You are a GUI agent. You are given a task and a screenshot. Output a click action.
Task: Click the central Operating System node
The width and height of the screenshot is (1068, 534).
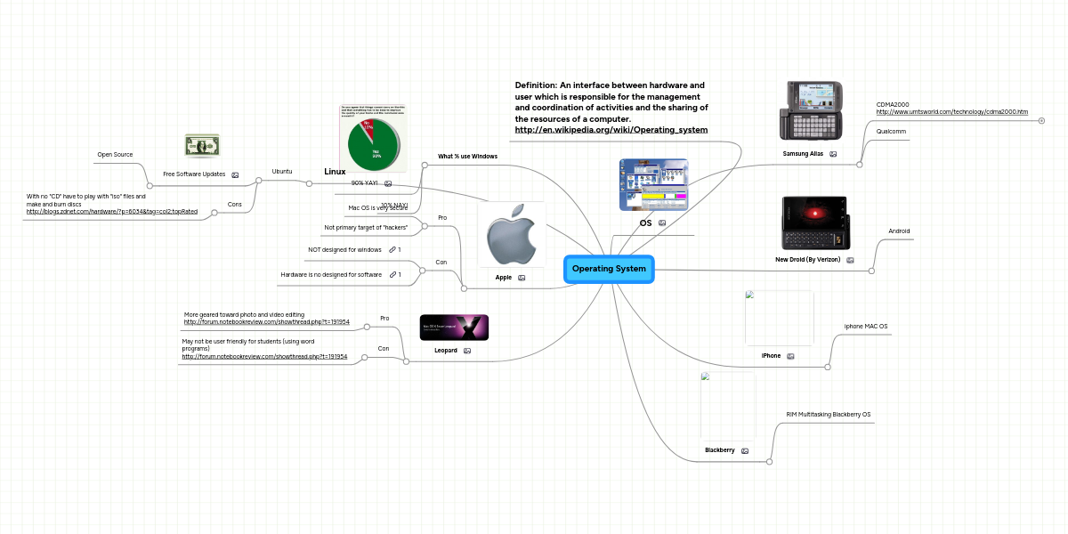(x=609, y=269)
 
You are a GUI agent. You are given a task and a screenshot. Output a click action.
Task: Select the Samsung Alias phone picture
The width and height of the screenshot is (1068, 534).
(x=813, y=111)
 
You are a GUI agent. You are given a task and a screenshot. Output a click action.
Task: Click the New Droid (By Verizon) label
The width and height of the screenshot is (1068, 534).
(x=807, y=260)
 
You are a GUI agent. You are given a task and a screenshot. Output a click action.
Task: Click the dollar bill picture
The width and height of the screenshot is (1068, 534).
(x=202, y=145)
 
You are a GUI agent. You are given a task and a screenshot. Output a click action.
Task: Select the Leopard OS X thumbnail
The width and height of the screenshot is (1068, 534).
(x=454, y=328)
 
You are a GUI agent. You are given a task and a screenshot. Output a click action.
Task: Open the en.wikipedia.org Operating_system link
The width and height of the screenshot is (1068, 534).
(x=611, y=130)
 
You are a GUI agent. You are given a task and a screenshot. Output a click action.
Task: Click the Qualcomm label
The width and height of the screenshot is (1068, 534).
(x=891, y=132)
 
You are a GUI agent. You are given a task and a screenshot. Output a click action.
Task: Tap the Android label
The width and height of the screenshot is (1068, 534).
(x=899, y=231)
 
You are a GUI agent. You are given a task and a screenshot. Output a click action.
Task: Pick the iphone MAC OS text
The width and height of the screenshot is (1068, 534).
(x=865, y=327)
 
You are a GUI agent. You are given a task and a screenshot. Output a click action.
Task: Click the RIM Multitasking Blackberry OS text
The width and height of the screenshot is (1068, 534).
(x=828, y=415)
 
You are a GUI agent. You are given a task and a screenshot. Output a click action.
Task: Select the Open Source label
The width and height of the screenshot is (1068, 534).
(x=115, y=155)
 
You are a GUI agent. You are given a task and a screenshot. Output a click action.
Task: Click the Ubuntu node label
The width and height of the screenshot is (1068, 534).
(x=282, y=171)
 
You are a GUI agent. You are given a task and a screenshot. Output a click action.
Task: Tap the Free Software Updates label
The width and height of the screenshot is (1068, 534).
(x=194, y=174)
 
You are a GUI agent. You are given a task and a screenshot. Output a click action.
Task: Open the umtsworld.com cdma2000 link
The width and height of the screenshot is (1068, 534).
(x=951, y=112)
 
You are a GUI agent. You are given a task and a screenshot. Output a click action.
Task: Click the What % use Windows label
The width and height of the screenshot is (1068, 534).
(x=467, y=156)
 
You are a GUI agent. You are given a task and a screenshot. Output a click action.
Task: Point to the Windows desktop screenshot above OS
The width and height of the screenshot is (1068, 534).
(x=654, y=184)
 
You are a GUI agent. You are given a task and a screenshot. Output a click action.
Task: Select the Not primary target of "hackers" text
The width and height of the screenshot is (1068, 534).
(x=366, y=228)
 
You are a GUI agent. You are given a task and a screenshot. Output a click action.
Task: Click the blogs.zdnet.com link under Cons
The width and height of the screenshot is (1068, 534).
(x=112, y=212)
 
